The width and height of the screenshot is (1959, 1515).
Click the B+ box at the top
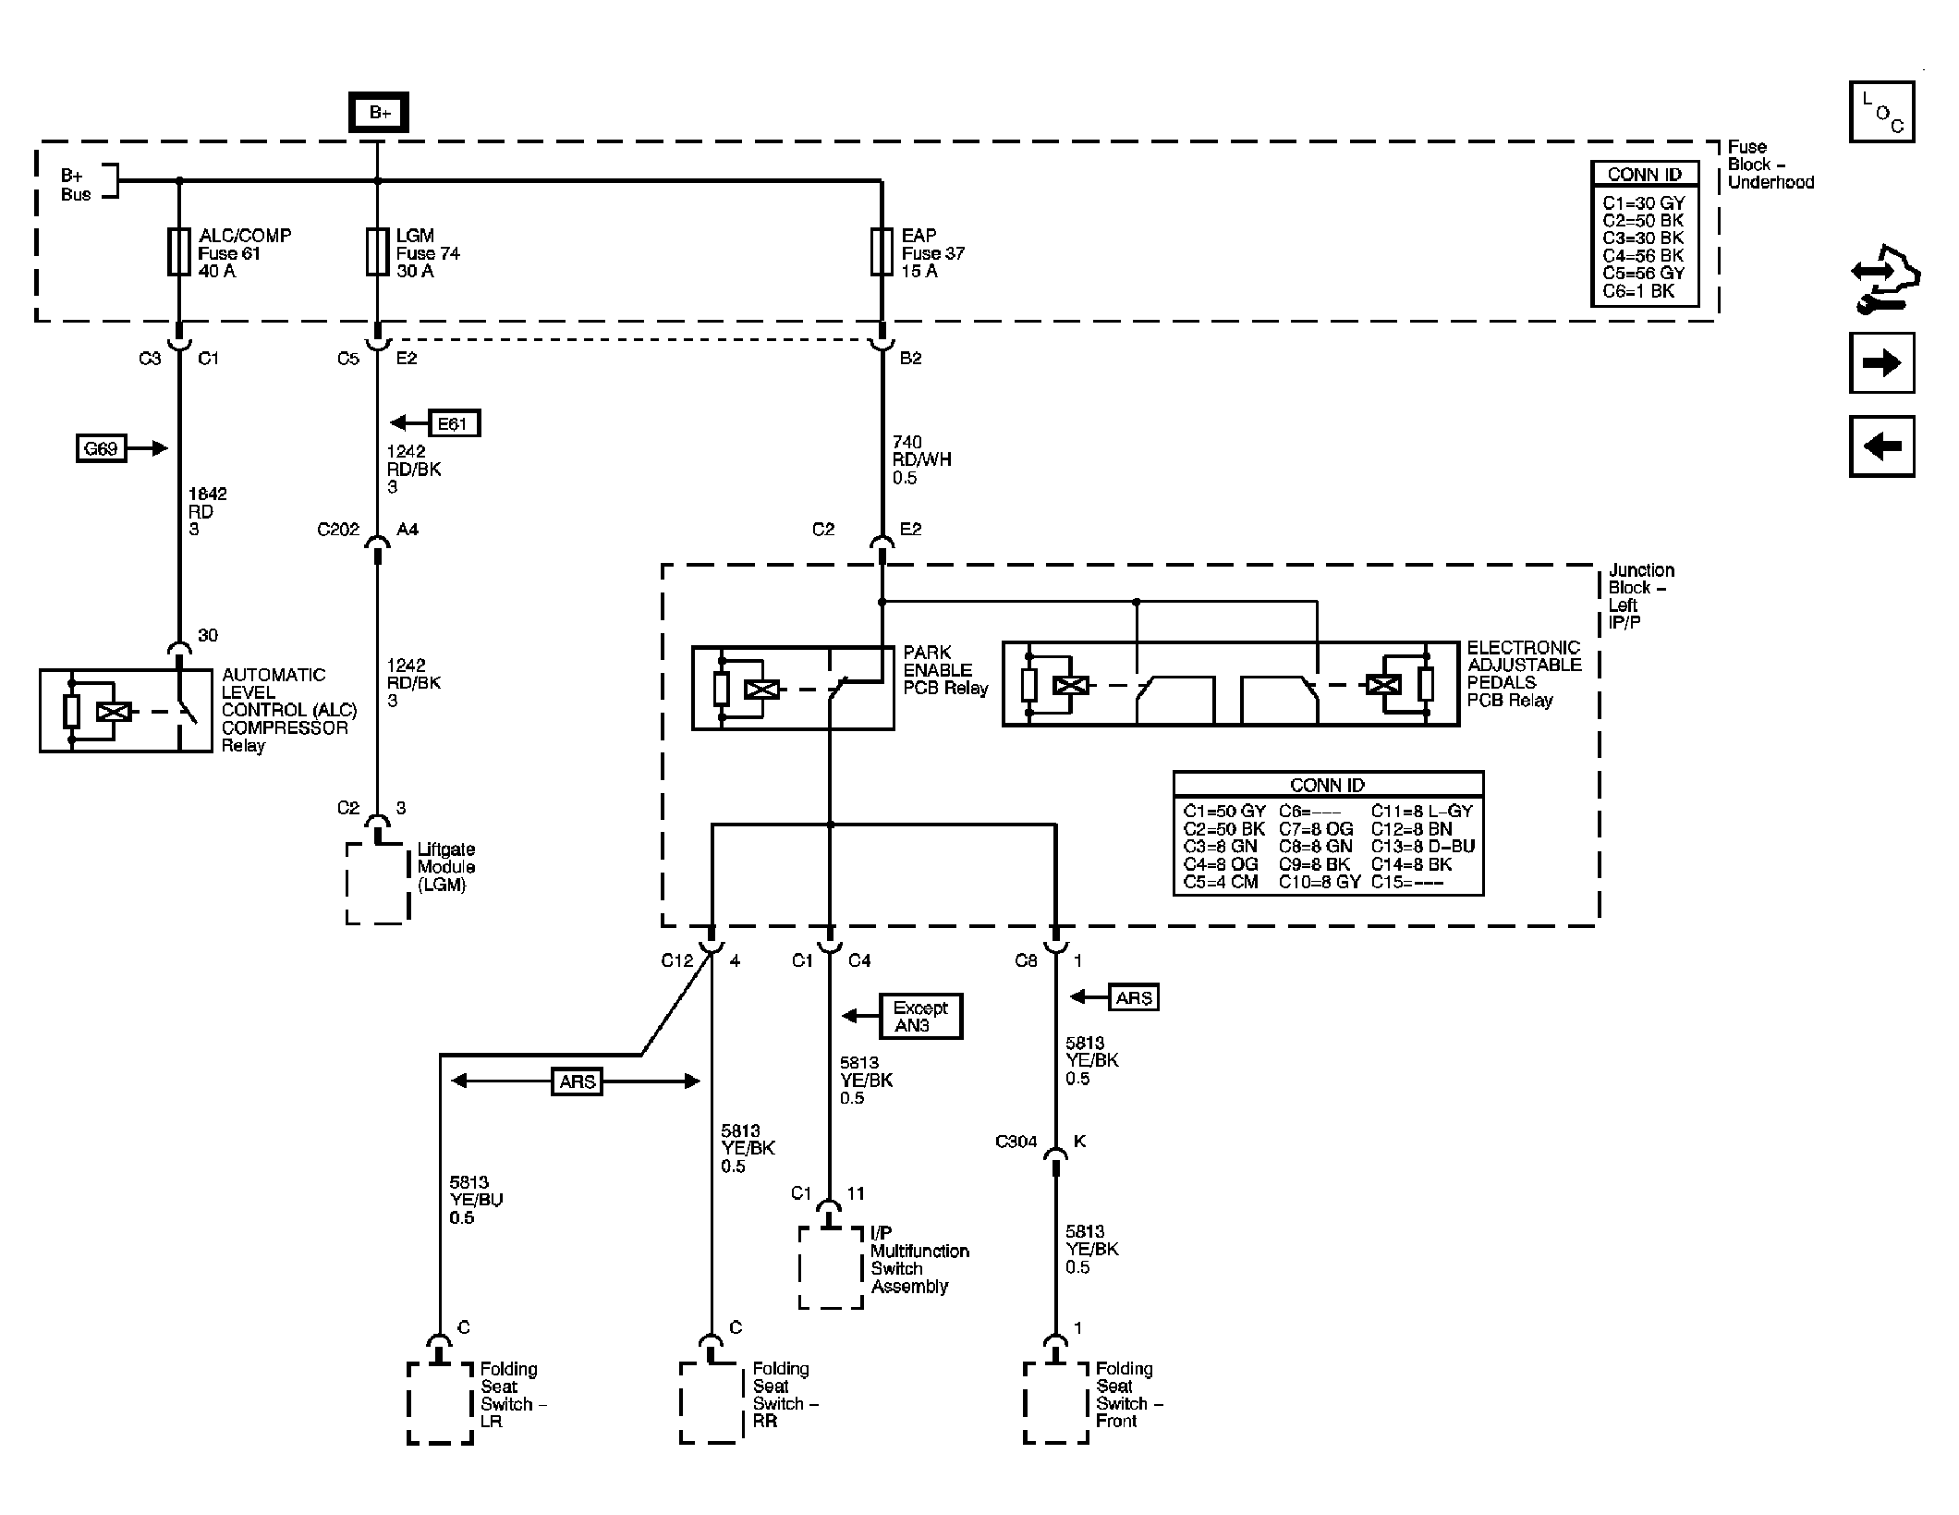coord(379,113)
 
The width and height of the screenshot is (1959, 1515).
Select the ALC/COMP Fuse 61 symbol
coord(179,252)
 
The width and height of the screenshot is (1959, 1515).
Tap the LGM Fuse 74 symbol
coord(377,252)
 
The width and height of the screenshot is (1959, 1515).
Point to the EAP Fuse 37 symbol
coord(882,252)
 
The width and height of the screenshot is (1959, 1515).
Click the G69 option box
coord(101,449)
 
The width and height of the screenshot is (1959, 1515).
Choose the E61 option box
coord(453,423)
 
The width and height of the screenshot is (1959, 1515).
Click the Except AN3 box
coord(919,1017)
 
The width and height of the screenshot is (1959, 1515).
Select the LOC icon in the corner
coord(1881,112)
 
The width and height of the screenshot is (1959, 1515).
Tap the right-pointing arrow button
coord(1881,363)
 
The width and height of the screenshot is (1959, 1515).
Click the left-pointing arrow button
coord(1881,446)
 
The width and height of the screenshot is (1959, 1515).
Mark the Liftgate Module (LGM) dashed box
coord(378,883)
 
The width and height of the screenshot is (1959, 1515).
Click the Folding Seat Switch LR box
coord(440,1401)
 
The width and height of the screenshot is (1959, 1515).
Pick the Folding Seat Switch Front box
coord(1056,1401)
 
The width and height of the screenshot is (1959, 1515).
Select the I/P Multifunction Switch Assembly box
coord(831,1267)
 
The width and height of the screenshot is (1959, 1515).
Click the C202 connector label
coord(337,531)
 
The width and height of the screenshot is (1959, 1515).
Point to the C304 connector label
coord(1016,1142)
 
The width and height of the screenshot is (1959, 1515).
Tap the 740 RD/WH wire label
coord(920,460)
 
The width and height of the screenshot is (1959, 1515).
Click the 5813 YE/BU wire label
coord(476,1200)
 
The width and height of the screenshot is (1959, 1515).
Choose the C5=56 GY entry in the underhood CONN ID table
coord(1643,274)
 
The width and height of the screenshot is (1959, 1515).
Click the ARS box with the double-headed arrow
coord(577,1081)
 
